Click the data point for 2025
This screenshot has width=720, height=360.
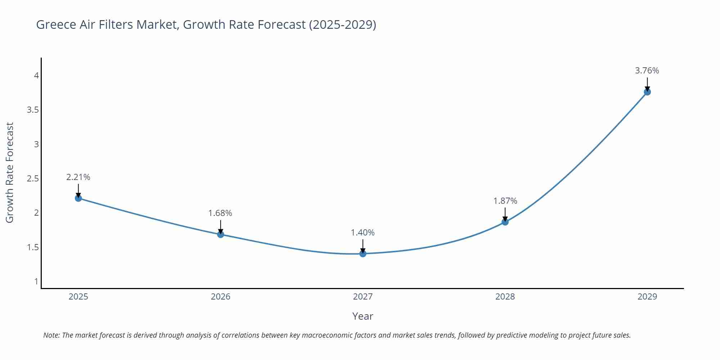coord(78,198)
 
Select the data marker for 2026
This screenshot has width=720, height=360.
coord(221,234)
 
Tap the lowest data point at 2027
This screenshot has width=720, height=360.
coord(363,254)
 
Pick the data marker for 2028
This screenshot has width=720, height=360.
coord(505,222)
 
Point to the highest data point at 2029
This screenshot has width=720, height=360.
coord(647,92)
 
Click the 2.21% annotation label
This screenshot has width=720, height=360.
coord(78,177)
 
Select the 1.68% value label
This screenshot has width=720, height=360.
coord(220,213)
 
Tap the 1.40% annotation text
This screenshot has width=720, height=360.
coord(363,233)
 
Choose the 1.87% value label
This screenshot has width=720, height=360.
coord(505,201)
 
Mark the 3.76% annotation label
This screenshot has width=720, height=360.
coord(647,71)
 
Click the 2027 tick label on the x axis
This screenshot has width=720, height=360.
coord(363,297)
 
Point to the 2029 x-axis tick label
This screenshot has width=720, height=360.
coord(647,297)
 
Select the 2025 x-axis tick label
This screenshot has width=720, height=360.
coord(78,297)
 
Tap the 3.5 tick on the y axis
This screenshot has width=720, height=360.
coord(33,110)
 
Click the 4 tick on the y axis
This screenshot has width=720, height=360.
coord(36,76)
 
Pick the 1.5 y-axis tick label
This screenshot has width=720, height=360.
coord(33,247)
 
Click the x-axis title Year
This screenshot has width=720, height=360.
coord(363,316)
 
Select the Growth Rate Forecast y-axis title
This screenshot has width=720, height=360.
coord(10,172)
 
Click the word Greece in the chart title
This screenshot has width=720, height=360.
coord(56,24)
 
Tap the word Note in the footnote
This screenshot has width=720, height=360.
coord(51,335)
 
